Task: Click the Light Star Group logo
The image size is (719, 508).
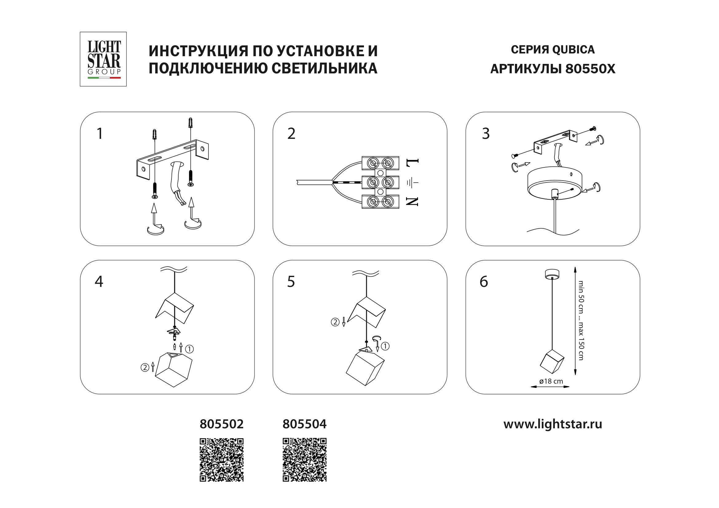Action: (x=103, y=59)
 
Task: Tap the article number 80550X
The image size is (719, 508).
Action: (x=590, y=69)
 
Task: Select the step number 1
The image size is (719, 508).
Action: (x=100, y=134)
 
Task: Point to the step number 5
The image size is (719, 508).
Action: (x=291, y=282)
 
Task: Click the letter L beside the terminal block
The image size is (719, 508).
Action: (x=412, y=162)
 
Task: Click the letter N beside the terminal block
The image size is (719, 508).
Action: (x=412, y=201)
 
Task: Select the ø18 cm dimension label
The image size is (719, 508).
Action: (x=551, y=381)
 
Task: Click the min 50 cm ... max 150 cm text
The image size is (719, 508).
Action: (x=581, y=320)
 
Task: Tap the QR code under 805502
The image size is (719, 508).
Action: (x=221, y=459)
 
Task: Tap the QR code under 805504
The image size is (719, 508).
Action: (x=304, y=459)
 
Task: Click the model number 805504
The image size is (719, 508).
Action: (x=304, y=424)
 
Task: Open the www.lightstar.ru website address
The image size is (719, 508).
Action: (x=552, y=424)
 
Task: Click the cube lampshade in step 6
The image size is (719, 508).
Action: (x=552, y=361)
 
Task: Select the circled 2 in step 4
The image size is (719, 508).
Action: (x=145, y=367)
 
